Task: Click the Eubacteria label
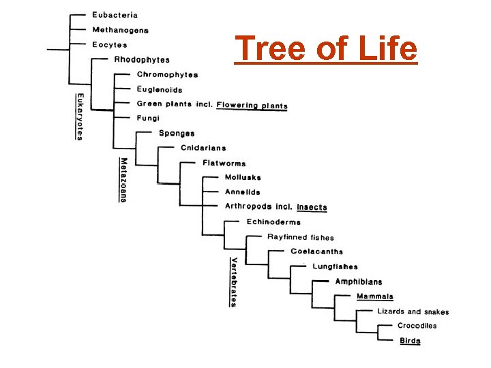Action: pos(115,14)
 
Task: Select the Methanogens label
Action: pos(120,30)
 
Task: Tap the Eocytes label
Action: pos(110,45)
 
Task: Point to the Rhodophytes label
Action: pos(142,60)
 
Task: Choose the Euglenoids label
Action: pos(160,89)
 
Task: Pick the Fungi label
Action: pos(148,118)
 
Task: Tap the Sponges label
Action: pos(177,134)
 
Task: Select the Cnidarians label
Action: pos(203,148)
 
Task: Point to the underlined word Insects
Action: pos(312,206)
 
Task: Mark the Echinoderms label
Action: pos(273,221)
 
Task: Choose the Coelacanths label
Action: pos(316,251)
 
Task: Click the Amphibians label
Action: pos(358,281)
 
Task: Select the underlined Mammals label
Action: pos(375,296)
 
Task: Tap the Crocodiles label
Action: pos(417,326)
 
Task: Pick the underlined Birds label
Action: pos(410,341)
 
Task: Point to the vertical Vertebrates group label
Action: pos(233,281)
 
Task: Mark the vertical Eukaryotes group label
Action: pos(79,117)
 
